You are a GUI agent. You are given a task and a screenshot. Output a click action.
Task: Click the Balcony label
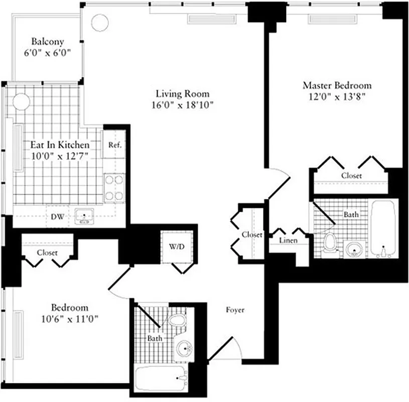(48, 41)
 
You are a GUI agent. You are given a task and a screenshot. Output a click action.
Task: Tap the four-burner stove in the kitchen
(114, 187)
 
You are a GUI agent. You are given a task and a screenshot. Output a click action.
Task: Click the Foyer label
(235, 310)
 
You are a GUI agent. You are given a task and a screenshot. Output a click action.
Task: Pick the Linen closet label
(288, 241)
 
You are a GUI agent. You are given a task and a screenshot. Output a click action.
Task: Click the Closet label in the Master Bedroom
(351, 176)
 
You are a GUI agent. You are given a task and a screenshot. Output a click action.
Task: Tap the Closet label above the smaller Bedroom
(47, 253)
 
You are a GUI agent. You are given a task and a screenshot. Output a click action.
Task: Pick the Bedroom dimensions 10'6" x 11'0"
(70, 318)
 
